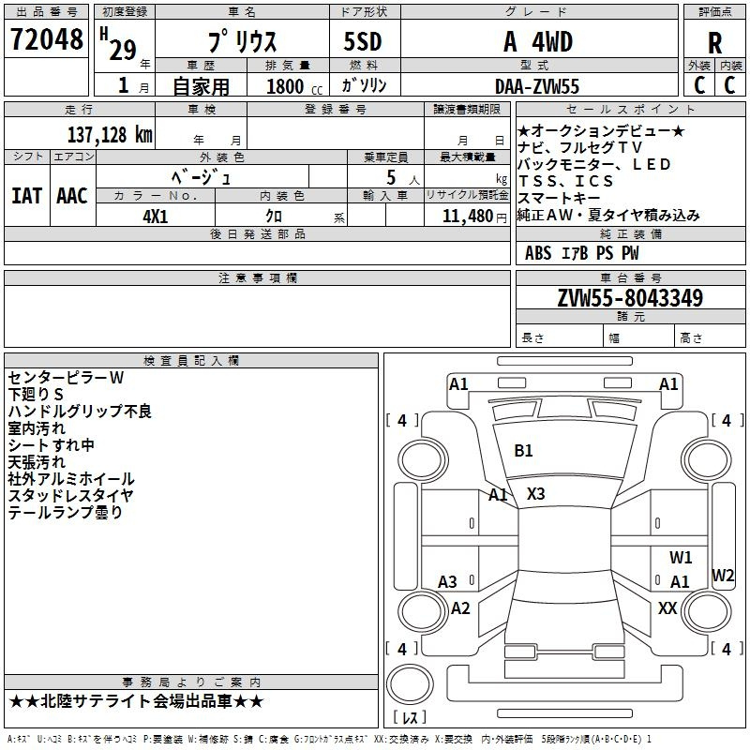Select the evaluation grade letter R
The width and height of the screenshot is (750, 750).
pos(715,43)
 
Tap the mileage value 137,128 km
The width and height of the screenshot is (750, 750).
pos(110,134)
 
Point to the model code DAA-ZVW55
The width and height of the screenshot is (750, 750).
pos(537,86)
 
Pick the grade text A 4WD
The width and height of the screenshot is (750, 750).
pos(537,41)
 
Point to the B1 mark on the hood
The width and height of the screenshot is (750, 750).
pos(523,451)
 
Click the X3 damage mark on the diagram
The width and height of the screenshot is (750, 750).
pos(535,493)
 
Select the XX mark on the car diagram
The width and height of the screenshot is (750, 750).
pos(667,608)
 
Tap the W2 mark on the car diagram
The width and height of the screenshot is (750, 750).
pos(723,575)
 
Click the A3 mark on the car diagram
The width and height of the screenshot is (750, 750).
pos(447,582)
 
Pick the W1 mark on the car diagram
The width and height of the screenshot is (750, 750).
pos(681,557)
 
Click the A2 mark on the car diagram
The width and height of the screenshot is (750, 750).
pos(459,608)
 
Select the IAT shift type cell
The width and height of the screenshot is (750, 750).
pos(26,195)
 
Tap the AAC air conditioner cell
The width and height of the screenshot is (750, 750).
pos(72,195)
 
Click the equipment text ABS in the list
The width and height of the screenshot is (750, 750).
pos(538,253)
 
